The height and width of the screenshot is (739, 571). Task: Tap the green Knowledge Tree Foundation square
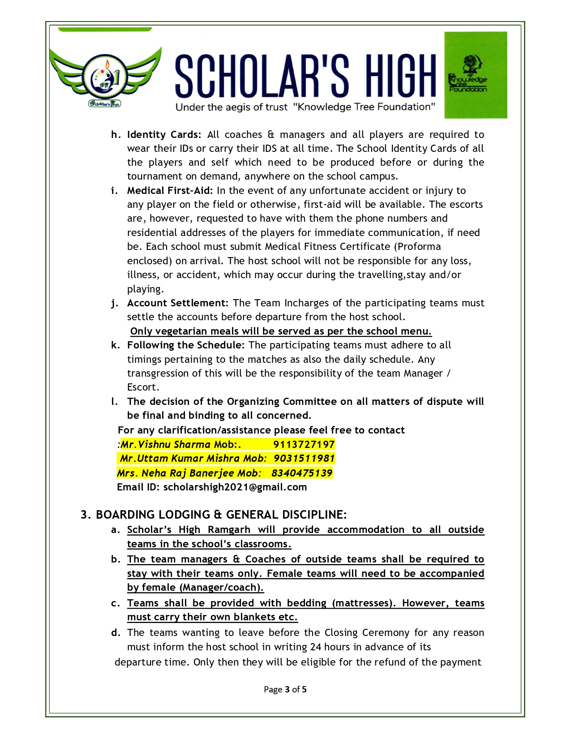pos(475,75)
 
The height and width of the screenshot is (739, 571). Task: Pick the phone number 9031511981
pos(304,458)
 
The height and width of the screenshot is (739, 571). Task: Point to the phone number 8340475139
pos(302,473)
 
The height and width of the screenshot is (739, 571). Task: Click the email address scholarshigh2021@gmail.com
pos(235,487)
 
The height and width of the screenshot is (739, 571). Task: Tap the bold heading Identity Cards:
pos(164,134)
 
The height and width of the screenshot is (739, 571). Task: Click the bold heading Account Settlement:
pos(178,303)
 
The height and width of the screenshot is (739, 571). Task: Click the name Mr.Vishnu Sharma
pos(165,444)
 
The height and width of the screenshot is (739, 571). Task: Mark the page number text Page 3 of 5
pos(285,689)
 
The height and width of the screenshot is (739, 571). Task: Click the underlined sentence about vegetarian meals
pos(281,331)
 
